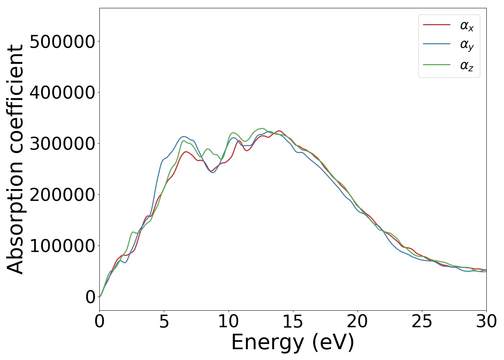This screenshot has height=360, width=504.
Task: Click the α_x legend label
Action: coord(467,26)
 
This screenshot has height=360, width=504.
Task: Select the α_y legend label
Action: coord(467,45)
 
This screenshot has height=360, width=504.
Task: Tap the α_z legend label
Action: coord(467,65)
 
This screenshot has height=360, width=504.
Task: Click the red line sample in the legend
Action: coord(437,24)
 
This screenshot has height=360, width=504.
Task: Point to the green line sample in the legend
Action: coord(437,64)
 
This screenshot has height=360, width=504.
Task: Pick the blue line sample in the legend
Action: coord(437,44)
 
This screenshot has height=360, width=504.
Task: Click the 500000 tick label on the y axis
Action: coord(62,42)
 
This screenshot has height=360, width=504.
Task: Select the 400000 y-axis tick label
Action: coord(62,93)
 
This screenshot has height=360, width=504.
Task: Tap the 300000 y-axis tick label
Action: coord(62,144)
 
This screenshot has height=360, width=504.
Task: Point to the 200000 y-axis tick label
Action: coord(62,195)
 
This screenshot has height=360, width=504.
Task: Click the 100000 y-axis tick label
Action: coord(62,246)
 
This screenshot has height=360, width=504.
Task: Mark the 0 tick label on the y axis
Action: coord(90,297)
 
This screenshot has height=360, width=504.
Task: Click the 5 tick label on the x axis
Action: coord(164,321)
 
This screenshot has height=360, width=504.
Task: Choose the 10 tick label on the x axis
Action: coord(229,321)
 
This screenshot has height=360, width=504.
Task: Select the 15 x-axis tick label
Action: coord(293,321)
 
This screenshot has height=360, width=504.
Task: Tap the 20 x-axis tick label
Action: coord(357,321)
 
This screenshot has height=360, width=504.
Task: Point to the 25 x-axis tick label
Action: coord(422,321)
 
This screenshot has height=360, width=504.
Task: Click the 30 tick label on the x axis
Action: coord(486,321)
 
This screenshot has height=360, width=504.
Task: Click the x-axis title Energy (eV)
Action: coord(293,342)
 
